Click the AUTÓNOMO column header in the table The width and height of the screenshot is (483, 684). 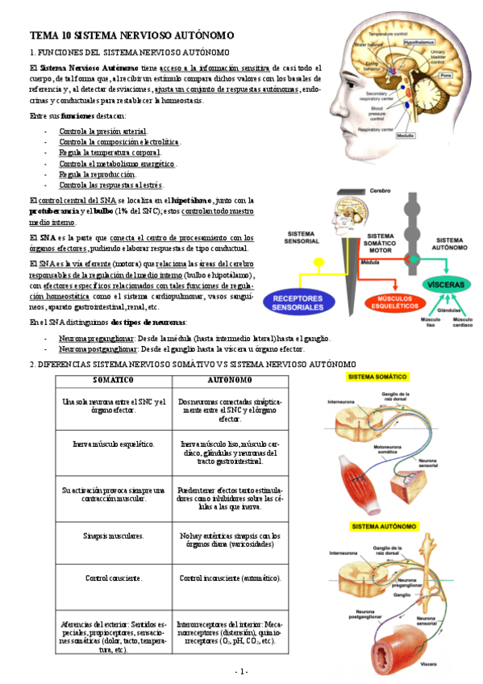[x=230, y=379]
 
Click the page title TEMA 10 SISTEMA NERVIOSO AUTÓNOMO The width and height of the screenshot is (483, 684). [x=132, y=35]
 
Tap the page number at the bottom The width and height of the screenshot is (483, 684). [x=241, y=671]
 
